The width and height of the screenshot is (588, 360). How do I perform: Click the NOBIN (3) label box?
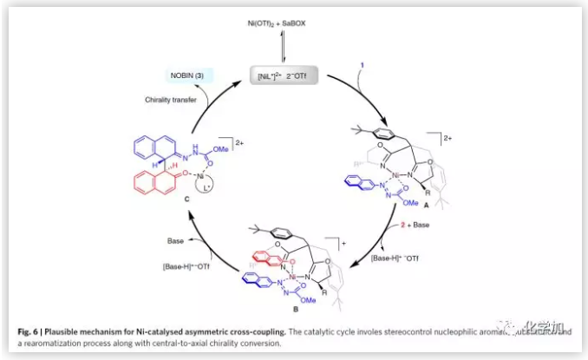[186, 76]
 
